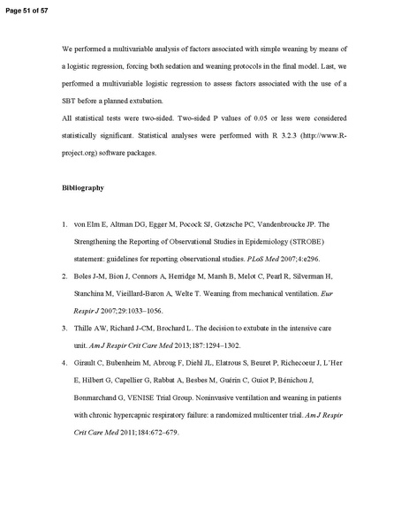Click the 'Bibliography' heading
tap(83, 188)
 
